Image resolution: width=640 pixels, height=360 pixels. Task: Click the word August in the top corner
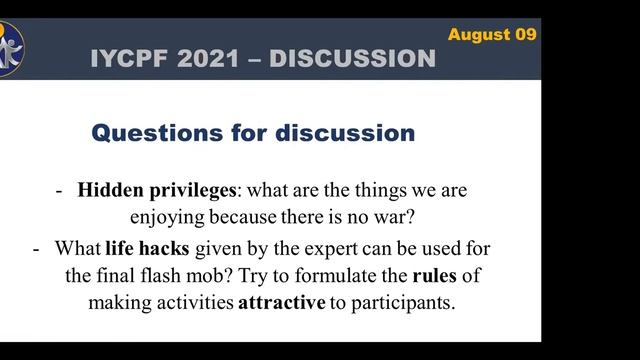tap(479, 34)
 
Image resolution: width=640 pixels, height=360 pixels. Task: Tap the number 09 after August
tap(526, 34)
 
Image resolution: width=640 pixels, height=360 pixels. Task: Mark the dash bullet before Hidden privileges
tap(61, 189)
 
